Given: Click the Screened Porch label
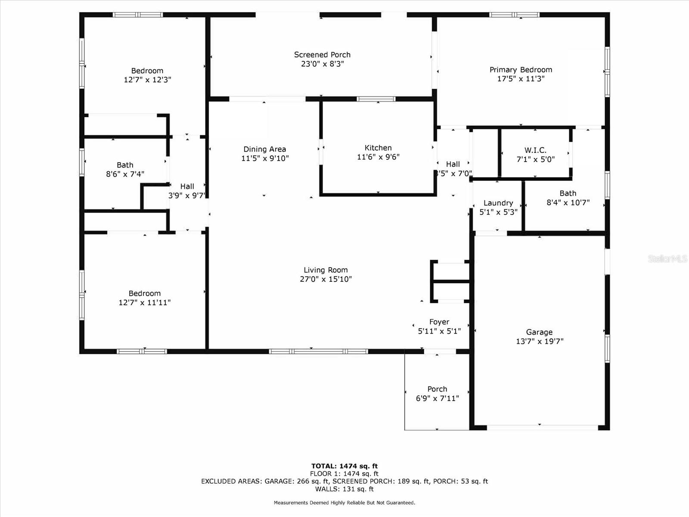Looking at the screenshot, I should pos(322,55).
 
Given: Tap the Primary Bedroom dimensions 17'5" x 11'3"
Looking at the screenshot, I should pos(521,79).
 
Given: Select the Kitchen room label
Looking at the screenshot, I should pos(378,148).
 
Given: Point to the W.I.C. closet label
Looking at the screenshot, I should pos(535,150).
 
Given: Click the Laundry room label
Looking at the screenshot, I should pos(498,203).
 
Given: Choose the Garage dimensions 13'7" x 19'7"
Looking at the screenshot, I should pos(539,341).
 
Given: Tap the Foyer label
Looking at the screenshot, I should pos(439,322).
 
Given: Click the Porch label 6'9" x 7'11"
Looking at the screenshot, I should pos(437,389).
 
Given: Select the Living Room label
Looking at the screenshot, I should pos(326,270).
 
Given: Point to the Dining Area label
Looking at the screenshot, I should pos(264,149).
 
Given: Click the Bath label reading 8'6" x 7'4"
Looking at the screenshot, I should pos(125,165).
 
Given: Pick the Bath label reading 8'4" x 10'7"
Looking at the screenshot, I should pos(568,193).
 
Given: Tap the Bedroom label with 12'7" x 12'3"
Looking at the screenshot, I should pos(147,71).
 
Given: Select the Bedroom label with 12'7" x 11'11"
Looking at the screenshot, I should pos(144,293).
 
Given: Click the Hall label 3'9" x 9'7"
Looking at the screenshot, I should pos(187,187).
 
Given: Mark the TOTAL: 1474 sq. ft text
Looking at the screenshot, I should pos(344,466).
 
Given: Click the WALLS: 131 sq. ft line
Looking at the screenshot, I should pos(344,489).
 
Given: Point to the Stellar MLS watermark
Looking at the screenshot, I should pos(667,258).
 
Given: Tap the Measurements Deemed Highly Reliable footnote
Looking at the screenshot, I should pos(344,503).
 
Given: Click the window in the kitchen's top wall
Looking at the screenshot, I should pos(376,99).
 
